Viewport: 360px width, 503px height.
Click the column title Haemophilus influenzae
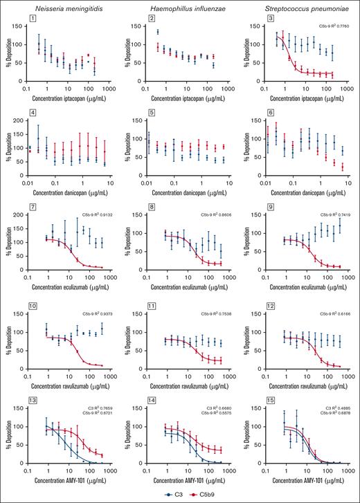(x=183, y=6)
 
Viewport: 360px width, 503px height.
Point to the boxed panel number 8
(x=149, y=217)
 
